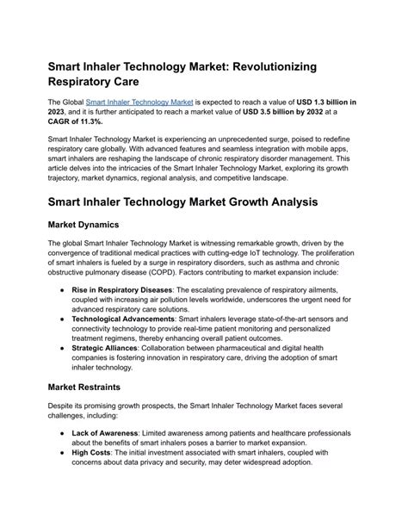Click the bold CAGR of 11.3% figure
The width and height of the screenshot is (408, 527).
(72, 122)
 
